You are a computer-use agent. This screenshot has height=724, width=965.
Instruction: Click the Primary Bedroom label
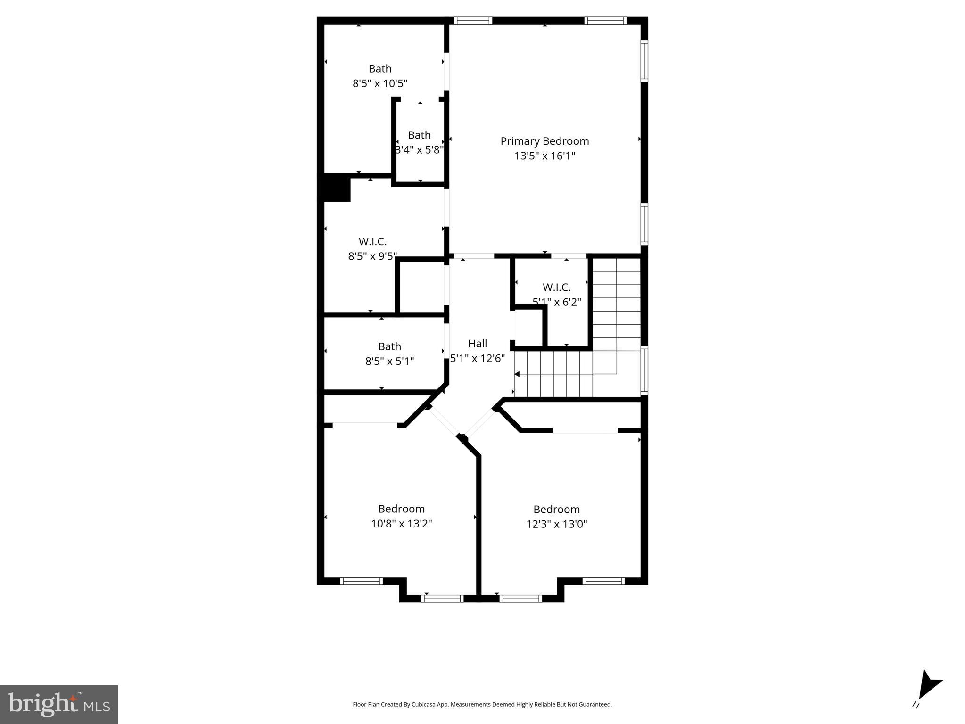click(544, 141)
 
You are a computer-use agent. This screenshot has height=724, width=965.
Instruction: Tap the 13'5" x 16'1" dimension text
click(544, 156)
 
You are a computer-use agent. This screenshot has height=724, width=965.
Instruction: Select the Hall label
click(477, 344)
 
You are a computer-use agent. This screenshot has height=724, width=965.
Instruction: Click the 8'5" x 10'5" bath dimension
click(380, 84)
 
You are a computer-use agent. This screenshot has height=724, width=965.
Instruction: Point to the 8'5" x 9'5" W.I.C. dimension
click(372, 256)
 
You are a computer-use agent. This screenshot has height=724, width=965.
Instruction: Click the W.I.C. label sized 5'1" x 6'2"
click(556, 287)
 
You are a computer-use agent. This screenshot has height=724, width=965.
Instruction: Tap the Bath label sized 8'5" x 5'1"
click(389, 346)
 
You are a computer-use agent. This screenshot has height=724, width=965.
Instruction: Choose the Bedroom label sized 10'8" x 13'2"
click(401, 509)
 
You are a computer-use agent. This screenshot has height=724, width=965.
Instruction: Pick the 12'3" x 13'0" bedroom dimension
click(556, 524)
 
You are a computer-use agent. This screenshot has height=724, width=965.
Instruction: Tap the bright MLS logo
click(58, 704)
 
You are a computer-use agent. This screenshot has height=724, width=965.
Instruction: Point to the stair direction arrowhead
click(517, 374)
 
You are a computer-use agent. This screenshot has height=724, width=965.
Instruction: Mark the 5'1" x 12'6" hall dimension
click(477, 359)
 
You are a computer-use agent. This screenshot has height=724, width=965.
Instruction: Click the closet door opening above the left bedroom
click(365, 425)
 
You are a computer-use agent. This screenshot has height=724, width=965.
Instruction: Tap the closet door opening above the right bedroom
click(585, 430)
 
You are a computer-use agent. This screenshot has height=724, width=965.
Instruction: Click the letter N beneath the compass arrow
click(916, 705)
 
